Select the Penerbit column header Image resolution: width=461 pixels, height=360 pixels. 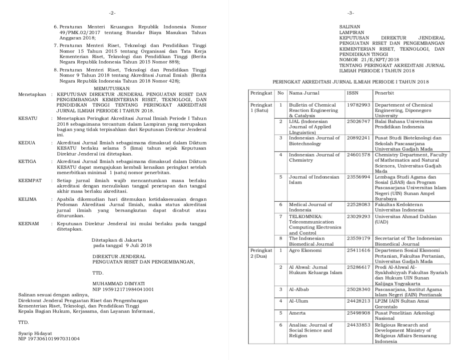384,93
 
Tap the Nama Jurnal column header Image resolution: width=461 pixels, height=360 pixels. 304,93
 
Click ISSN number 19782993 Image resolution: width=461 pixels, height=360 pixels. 358,105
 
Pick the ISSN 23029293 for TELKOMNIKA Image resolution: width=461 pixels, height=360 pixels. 358,216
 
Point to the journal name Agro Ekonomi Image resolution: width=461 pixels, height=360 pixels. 305,251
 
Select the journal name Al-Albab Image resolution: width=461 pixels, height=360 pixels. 299,290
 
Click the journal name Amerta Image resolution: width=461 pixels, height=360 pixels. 297,313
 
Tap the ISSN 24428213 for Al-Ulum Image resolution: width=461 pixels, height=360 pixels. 358,301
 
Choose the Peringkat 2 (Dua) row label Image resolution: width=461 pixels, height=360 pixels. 261,253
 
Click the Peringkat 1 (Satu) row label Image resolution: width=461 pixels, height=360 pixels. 261,108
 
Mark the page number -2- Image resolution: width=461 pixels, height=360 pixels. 112,13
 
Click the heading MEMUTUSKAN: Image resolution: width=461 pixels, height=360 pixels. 112,89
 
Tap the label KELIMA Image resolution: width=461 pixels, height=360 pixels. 28,199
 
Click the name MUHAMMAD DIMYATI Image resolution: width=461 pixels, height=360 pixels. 118,283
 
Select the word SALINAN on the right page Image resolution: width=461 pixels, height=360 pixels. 350,27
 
